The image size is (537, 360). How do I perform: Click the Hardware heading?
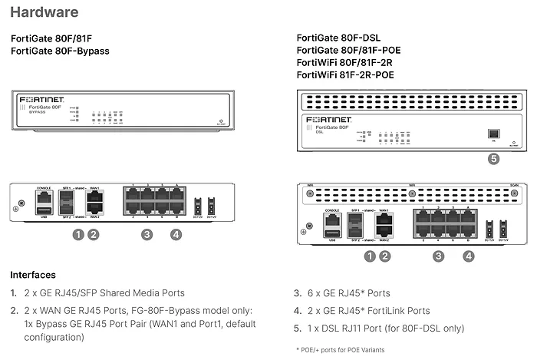(x=44, y=12)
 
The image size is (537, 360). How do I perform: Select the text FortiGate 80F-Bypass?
(x=60, y=51)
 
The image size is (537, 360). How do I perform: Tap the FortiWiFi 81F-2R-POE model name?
(x=352, y=76)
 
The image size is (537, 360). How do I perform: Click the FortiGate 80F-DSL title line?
(x=338, y=37)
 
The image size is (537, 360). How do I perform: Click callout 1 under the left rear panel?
(x=77, y=234)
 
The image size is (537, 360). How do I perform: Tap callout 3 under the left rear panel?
(x=147, y=234)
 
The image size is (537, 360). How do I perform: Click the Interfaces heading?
(x=32, y=275)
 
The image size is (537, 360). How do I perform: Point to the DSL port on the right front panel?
(x=494, y=133)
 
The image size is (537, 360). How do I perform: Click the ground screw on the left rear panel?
(x=16, y=206)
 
